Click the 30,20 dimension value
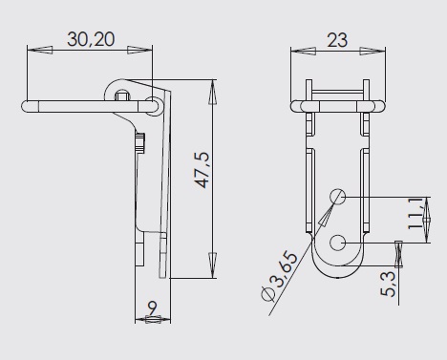coord(91,39)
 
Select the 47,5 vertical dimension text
coord(202,170)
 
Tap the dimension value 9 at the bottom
coord(153,307)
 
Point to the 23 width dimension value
coord(337,40)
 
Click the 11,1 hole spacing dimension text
coord(415,213)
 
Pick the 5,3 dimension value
coord(388,285)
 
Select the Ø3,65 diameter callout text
coord(280,276)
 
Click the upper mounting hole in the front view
coord(337,197)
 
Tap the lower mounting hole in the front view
coord(337,244)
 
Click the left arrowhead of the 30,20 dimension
coord(40,50)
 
